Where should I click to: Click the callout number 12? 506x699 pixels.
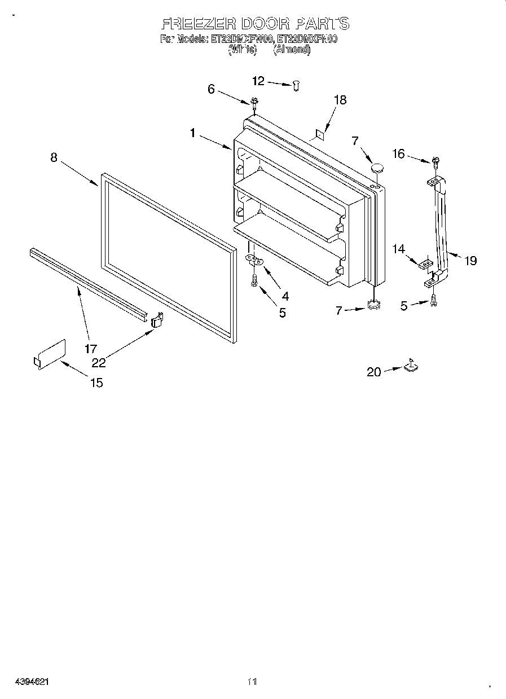pyautogui.click(x=258, y=81)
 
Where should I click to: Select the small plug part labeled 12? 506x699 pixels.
pyautogui.click(x=297, y=85)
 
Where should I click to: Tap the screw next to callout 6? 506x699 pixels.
pyautogui.click(x=254, y=102)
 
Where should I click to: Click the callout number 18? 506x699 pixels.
pyautogui.click(x=340, y=100)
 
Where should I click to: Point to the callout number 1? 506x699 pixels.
pyautogui.click(x=193, y=133)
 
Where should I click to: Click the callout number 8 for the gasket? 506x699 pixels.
pyautogui.click(x=54, y=158)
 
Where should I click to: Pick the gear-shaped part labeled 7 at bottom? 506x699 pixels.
pyautogui.click(x=372, y=305)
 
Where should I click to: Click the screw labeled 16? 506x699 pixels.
pyautogui.click(x=435, y=161)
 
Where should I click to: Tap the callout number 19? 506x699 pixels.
pyautogui.click(x=470, y=260)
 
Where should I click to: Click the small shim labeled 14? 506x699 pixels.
pyautogui.click(x=426, y=263)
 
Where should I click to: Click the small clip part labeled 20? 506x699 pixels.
pyautogui.click(x=411, y=367)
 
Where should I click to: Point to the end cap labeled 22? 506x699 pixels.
pyautogui.click(x=157, y=320)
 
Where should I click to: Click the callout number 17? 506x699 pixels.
pyautogui.click(x=91, y=349)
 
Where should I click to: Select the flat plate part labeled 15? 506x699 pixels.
pyautogui.click(x=49, y=355)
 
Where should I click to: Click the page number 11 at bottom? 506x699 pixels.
pyautogui.click(x=252, y=682)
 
